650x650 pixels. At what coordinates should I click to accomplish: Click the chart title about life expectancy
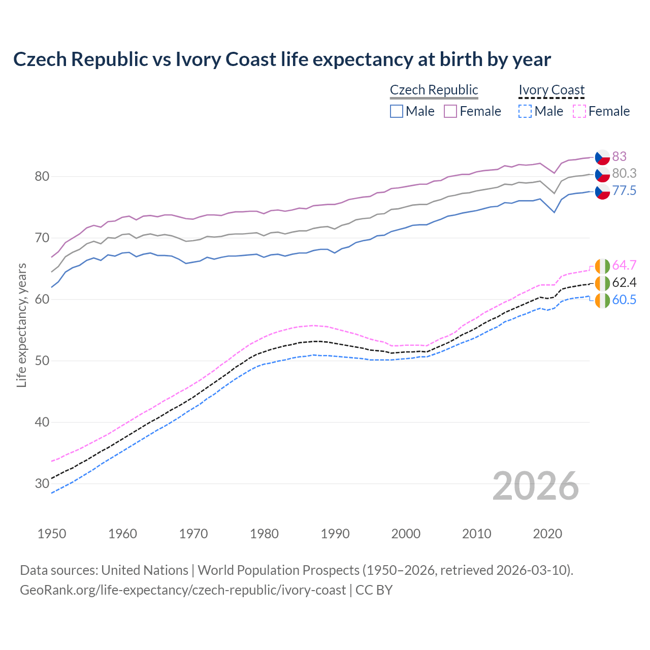(282, 59)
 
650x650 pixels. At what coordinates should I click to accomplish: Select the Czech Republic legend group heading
(434, 90)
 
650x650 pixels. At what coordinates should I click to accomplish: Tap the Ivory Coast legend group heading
(551, 90)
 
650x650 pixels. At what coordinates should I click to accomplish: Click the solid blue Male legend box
(397, 111)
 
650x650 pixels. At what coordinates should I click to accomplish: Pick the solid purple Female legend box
(450, 111)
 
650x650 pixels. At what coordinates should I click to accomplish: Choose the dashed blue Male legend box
(525, 111)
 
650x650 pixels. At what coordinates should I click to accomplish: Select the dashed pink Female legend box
(579, 111)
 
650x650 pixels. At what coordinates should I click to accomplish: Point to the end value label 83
(619, 156)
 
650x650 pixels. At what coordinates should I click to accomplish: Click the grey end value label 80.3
(624, 174)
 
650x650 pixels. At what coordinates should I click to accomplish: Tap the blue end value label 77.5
(624, 191)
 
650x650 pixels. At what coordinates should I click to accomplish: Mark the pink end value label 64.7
(624, 266)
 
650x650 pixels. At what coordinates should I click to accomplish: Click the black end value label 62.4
(624, 283)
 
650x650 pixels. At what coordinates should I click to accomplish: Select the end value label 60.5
(624, 300)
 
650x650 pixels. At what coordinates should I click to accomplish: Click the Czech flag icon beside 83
(602, 157)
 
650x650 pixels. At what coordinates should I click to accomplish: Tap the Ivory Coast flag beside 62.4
(602, 283)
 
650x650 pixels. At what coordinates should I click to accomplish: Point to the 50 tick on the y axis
(42, 361)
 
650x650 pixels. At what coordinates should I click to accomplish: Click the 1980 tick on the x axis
(264, 534)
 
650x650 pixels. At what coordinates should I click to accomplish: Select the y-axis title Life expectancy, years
(22, 325)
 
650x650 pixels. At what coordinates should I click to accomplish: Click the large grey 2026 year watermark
(536, 486)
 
